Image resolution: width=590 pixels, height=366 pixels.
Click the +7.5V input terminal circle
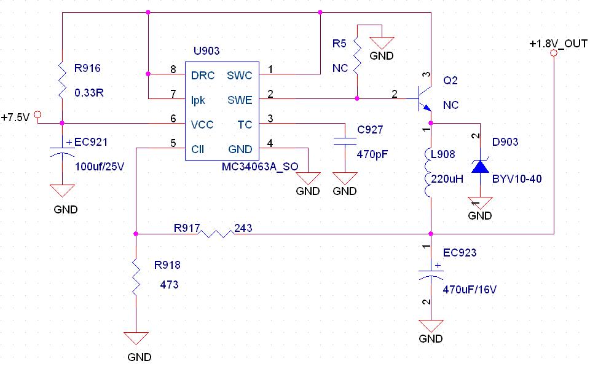37,114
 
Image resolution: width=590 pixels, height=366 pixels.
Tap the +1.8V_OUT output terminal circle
553,54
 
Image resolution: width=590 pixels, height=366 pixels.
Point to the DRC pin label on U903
203,76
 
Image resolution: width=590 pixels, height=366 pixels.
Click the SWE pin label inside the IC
239,100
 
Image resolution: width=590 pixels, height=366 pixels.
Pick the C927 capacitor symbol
345,141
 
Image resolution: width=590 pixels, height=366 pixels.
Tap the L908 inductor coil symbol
431,173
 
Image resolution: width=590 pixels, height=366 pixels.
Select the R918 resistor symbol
136,275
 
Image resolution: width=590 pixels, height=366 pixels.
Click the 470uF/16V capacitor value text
470,289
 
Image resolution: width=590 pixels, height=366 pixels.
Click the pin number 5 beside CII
173,143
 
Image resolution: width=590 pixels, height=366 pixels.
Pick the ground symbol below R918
136,340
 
